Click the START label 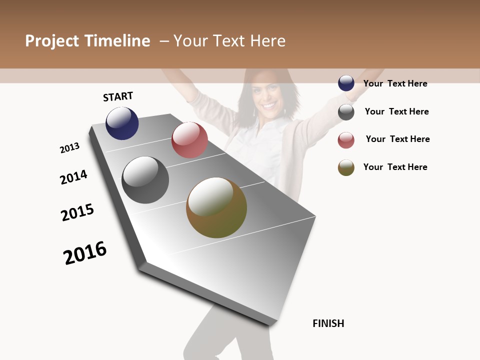(x=118, y=96)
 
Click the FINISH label (x=328, y=323)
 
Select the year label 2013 (x=69, y=148)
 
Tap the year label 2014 (x=73, y=177)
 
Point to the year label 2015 (x=77, y=212)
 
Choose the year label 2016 (x=85, y=252)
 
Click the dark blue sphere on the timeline (x=122, y=123)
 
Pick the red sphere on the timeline (x=189, y=140)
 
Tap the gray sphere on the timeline (x=145, y=180)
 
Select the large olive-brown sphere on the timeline (x=216, y=207)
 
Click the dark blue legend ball (x=346, y=83)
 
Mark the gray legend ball (x=346, y=112)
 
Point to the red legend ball (x=346, y=140)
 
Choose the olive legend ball (x=346, y=167)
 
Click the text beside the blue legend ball (x=395, y=83)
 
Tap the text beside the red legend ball (x=397, y=139)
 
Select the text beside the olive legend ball (x=395, y=167)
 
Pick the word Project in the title (x=51, y=41)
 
